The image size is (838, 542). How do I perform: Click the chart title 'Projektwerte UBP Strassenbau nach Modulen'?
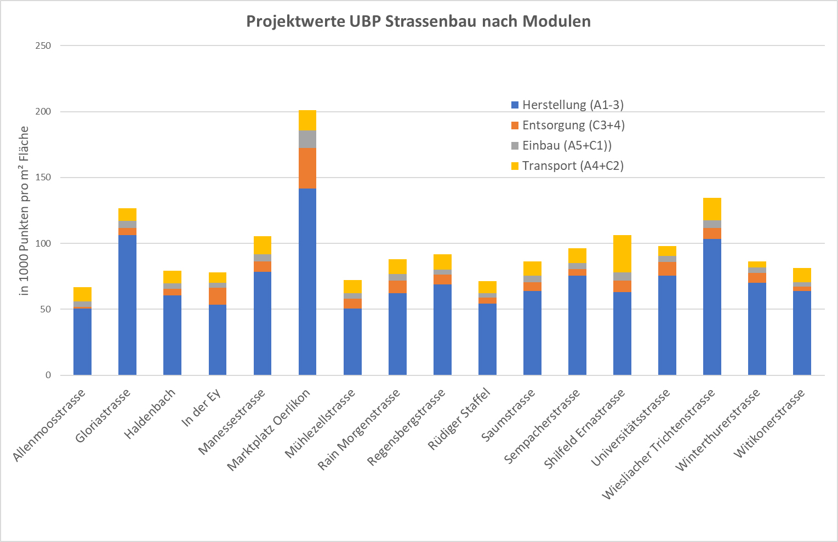pyautogui.click(x=418, y=21)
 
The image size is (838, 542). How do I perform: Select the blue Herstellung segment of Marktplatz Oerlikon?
pyautogui.click(x=307, y=281)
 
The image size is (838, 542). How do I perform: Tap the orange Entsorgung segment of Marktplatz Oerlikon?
pyautogui.click(x=307, y=168)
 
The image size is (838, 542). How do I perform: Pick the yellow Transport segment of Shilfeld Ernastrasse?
pyautogui.click(x=622, y=254)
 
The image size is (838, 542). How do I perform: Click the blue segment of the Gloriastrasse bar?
pyautogui.click(x=127, y=305)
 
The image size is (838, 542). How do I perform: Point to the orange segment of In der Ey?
pyautogui.click(x=217, y=296)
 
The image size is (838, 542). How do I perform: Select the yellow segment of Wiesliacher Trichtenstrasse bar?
pyautogui.click(x=712, y=209)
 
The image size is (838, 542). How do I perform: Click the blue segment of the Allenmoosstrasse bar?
pyautogui.click(x=82, y=341)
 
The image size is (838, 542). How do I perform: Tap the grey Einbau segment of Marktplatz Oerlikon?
pyautogui.click(x=307, y=139)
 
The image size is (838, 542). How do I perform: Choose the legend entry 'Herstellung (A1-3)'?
pyautogui.click(x=573, y=105)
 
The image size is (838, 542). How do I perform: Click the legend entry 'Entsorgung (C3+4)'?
pyautogui.click(x=573, y=125)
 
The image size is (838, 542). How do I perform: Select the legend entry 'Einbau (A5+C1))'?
pyautogui.click(x=567, y=145)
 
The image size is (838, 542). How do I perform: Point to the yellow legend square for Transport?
pyautogui.click(x=515, y=166)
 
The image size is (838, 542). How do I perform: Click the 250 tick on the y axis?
pyautogui.click(x=43, y=45)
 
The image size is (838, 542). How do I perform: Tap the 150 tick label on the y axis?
pyautogui.click(x=43, y=178)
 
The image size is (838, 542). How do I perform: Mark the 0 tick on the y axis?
pyautogui.click(x=48, y=375)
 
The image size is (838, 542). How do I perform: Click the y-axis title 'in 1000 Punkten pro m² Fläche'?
pyautogui.click(x=24, y=210)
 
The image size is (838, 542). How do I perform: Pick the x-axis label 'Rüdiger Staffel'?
pyautogui.click(x=459, y=418)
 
